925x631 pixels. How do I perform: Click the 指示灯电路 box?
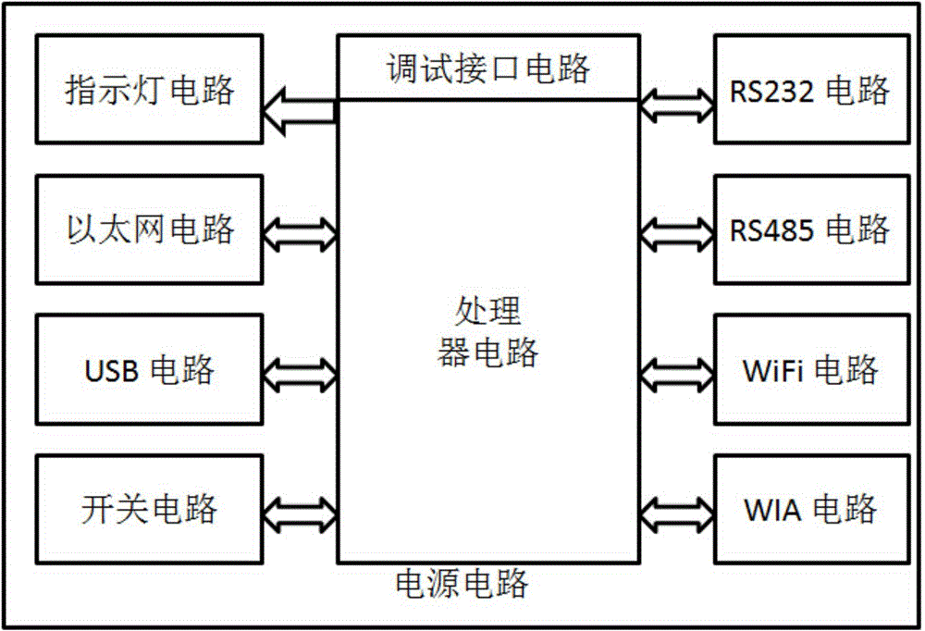point(148,90)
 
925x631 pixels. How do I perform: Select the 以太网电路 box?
point(148,229)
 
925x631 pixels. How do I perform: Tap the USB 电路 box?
point(148,369)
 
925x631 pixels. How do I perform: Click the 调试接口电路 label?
point(487,68)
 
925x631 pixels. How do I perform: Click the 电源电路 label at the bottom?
point(462,584)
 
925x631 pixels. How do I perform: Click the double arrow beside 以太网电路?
point(300,229)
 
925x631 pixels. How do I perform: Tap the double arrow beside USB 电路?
point(300,369)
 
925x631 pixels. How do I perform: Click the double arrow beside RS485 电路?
point(676,229)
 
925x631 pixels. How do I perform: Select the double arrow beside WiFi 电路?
point(676,369)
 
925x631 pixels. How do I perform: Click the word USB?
point(111,370)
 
